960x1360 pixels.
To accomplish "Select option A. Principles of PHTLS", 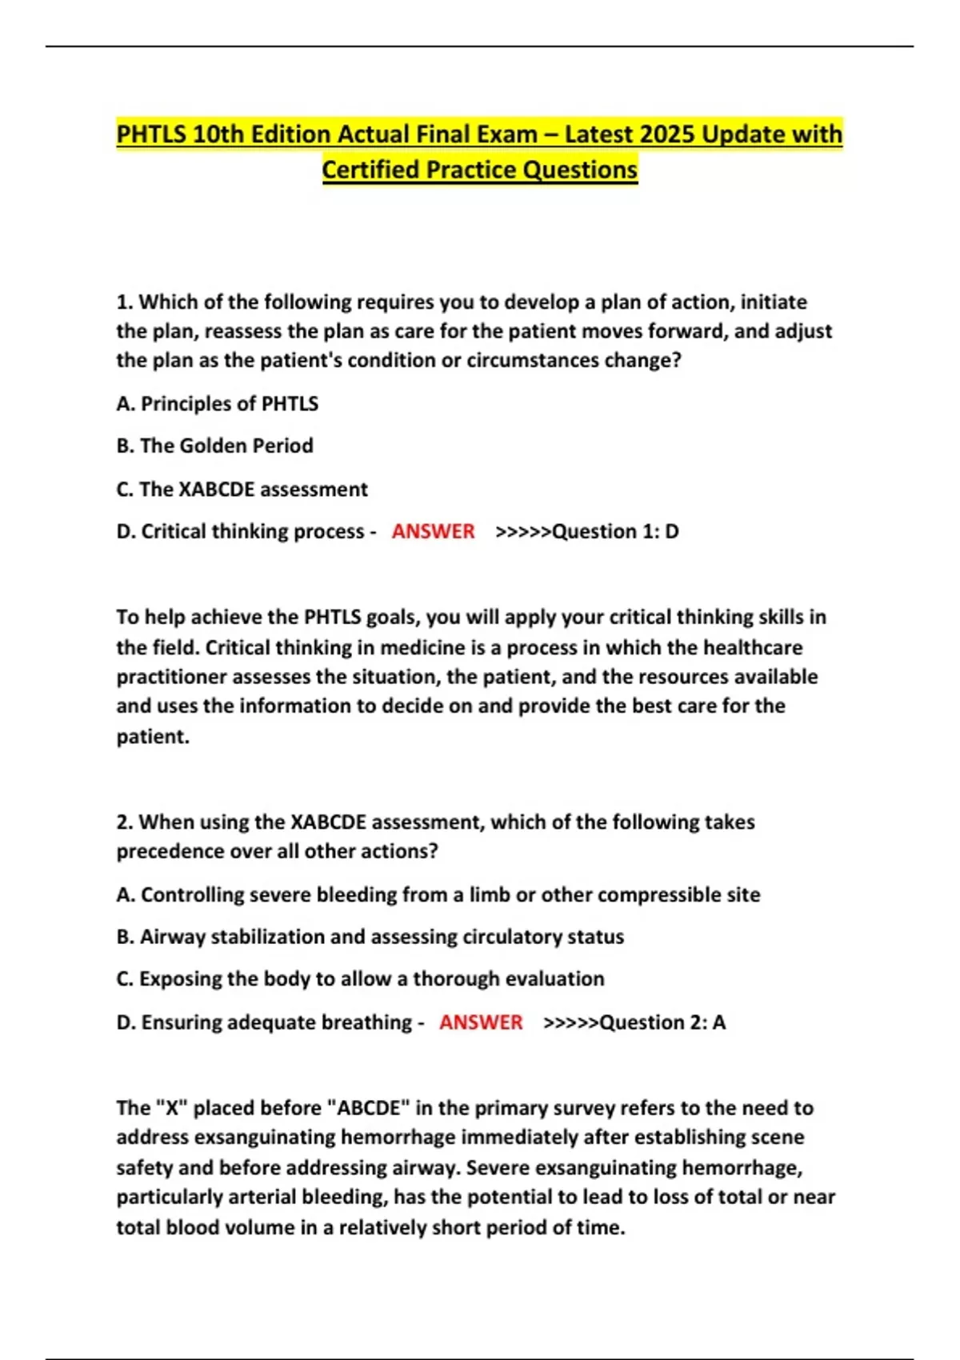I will click(217, 403).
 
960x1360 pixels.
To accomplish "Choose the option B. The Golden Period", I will click(214, 446).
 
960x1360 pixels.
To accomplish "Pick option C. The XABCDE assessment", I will click(242, 489).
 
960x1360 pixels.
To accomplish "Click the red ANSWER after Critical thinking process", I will click(433, 531).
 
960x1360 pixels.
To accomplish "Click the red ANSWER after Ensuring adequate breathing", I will click(481, 1022).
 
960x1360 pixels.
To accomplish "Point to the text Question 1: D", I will click(615, 531).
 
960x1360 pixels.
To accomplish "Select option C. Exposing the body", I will click(360, 978).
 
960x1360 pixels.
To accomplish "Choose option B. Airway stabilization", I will click(370, 936).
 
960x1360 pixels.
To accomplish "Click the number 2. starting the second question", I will click(125, 822).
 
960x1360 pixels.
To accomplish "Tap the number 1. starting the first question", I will click(124, 302).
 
